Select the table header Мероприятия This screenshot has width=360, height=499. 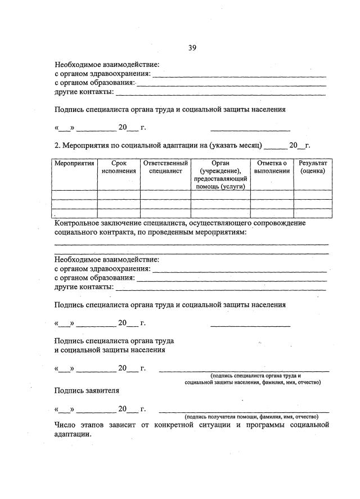[x=74, y=163]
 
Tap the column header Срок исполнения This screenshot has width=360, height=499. [x=119, y=167]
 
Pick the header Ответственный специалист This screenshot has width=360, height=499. [x=165, y=167]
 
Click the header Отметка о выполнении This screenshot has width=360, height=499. [x=272, y=167]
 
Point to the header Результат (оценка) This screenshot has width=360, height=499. [x=312, y=167]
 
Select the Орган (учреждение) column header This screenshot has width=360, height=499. [x=220, y=167]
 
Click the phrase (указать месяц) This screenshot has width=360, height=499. [x=235, y=145]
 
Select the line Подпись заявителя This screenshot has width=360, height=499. [x=87, y=389]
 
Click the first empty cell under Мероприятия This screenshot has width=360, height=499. [x=74, y=195]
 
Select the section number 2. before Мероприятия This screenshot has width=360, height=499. [x=57, y=145]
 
